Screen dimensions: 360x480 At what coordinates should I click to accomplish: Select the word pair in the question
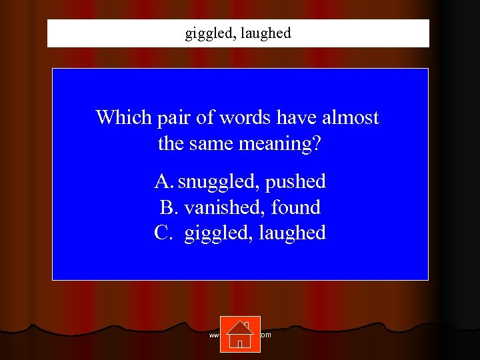(173, 119)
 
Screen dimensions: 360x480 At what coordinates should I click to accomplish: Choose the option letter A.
(163, 181)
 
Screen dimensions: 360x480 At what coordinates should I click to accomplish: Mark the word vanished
(225, 207)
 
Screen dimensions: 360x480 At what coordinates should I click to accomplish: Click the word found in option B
(296, 207)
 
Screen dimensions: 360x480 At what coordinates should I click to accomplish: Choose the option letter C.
(163, 233)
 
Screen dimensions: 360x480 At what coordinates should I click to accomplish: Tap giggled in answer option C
(215, 233)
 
